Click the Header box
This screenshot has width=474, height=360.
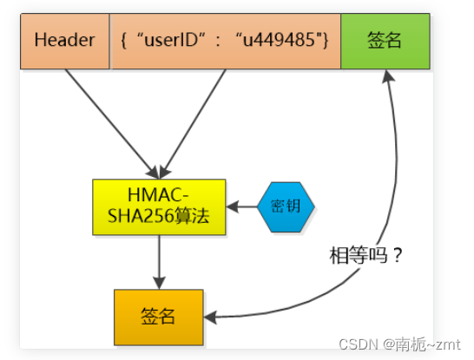65,40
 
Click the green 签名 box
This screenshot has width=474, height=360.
385,40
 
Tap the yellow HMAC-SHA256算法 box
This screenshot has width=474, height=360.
159,207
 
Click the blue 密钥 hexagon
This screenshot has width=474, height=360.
286,207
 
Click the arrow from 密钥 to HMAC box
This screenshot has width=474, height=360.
243,207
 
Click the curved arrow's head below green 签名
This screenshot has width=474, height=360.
387,78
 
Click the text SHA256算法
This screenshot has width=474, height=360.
159,218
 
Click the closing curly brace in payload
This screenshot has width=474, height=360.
326,40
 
